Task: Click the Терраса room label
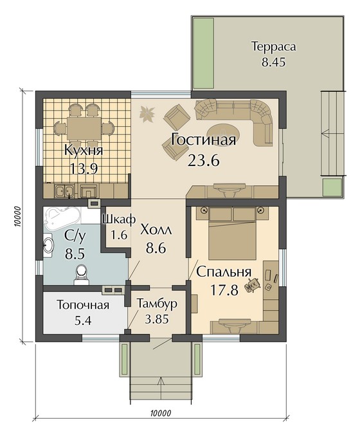tap(274, 47)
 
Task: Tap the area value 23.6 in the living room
tap(204, 160)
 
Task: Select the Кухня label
tap(84, 151)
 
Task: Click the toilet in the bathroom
tap(81, 274)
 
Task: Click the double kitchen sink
tap(64, 190)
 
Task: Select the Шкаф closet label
tap(119, 219)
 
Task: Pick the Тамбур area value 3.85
tap(157, 319)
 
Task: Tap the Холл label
tap(156, 230)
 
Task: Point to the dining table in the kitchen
tap(84, 129)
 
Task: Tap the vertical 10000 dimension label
tap(17, 217)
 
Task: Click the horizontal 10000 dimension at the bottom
tap(161, 413)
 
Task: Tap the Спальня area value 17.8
tap(224, 290)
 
